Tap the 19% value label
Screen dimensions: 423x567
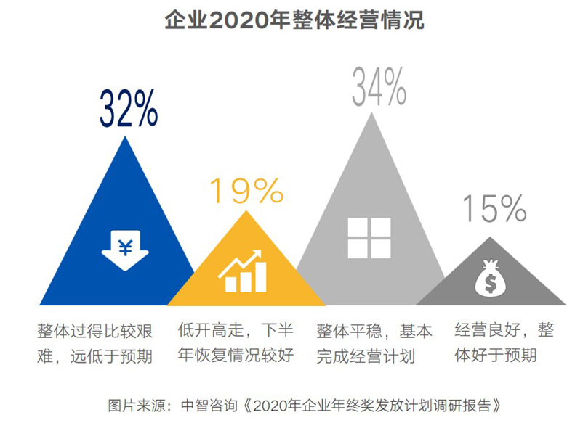[x=246, y=191]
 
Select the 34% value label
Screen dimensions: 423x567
[x=379, y=87]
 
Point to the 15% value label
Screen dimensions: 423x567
[x=494, y=209]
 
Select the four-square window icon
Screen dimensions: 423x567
[x=369, y=237]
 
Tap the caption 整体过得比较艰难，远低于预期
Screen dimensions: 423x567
[x=94, y=343]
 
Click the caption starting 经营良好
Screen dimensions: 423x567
[x=503, y=343]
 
